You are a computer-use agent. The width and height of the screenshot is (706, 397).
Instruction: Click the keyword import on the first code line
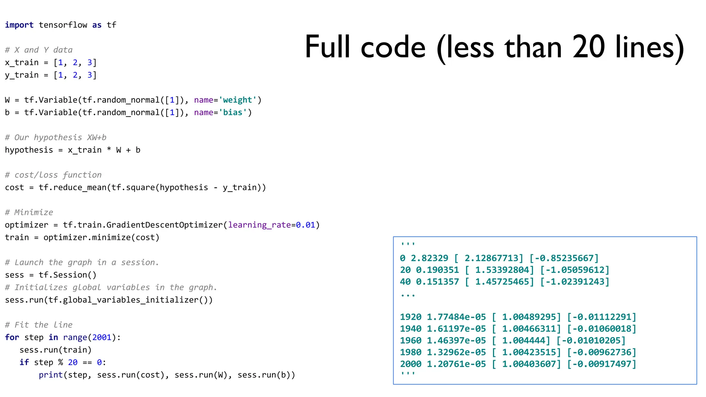coord(19,25)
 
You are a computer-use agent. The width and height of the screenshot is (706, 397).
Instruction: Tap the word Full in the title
coord(327,47)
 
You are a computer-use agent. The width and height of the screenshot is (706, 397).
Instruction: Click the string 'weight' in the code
coord(238,100)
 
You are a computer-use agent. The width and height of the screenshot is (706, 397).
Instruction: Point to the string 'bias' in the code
coord(233,113)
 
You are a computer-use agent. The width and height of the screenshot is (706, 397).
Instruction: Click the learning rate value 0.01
coord(305,225)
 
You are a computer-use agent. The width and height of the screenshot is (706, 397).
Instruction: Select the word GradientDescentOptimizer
coord(164,225)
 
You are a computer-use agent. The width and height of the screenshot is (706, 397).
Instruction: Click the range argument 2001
coord(102,337)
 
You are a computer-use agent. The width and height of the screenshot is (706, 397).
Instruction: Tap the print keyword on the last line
coord(51,375)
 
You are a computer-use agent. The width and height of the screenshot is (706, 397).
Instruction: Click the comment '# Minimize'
coord(29,212)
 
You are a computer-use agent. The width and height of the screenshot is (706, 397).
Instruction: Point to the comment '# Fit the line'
coord(39,325)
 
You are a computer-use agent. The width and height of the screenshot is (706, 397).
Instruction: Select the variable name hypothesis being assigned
coord(29,150)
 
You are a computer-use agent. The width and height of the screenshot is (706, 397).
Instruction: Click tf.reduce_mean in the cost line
coord(72,187)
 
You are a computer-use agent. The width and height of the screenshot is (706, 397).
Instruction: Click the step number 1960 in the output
coord(411,340)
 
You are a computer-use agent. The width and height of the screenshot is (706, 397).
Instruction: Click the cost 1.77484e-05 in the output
coord(456,317)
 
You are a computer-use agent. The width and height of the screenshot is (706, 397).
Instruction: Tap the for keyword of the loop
coord(12,337)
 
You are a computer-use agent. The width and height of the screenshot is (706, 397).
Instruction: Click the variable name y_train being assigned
coord(21,75)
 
